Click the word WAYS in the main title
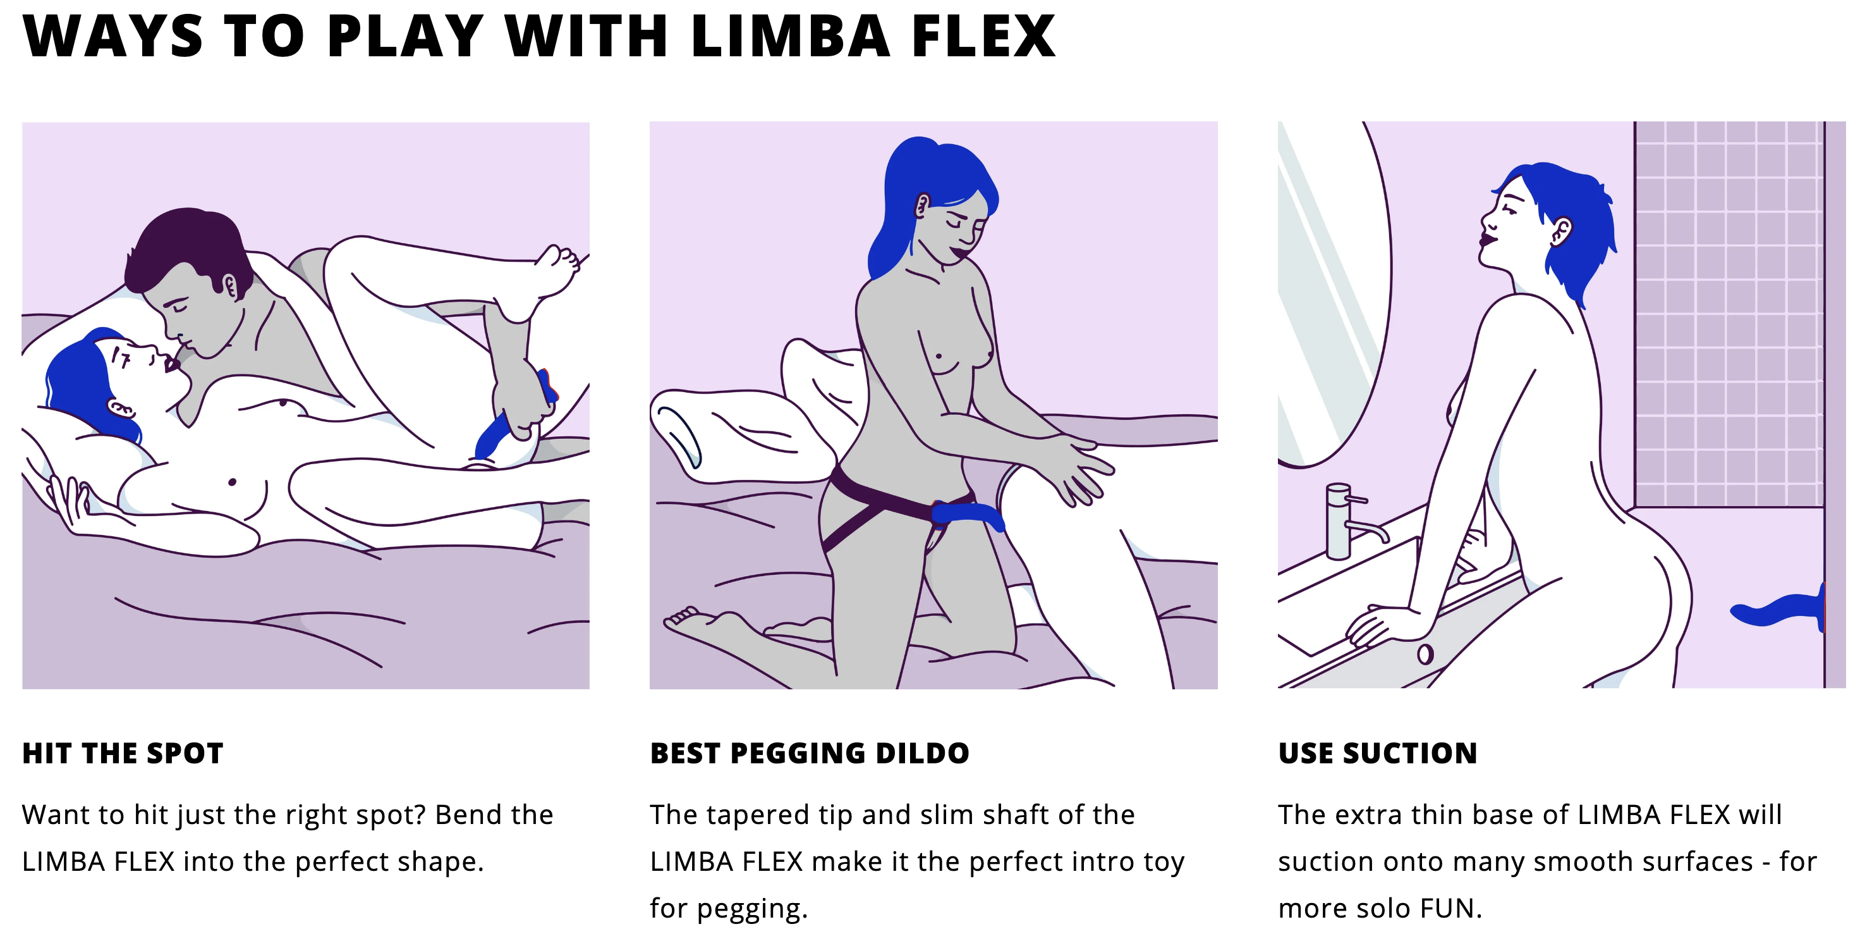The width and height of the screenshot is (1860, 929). point(112,36)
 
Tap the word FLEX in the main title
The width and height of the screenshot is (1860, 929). point(983,36)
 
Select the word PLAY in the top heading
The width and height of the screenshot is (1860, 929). point(405,36)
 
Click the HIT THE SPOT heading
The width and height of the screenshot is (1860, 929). point(123,753)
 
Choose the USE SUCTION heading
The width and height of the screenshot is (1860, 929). point(1378,753)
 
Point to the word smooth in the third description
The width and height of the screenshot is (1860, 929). point(1576,862)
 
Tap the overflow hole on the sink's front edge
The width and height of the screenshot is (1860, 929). point(1425,655)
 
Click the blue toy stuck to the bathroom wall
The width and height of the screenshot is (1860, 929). point(1780,609)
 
